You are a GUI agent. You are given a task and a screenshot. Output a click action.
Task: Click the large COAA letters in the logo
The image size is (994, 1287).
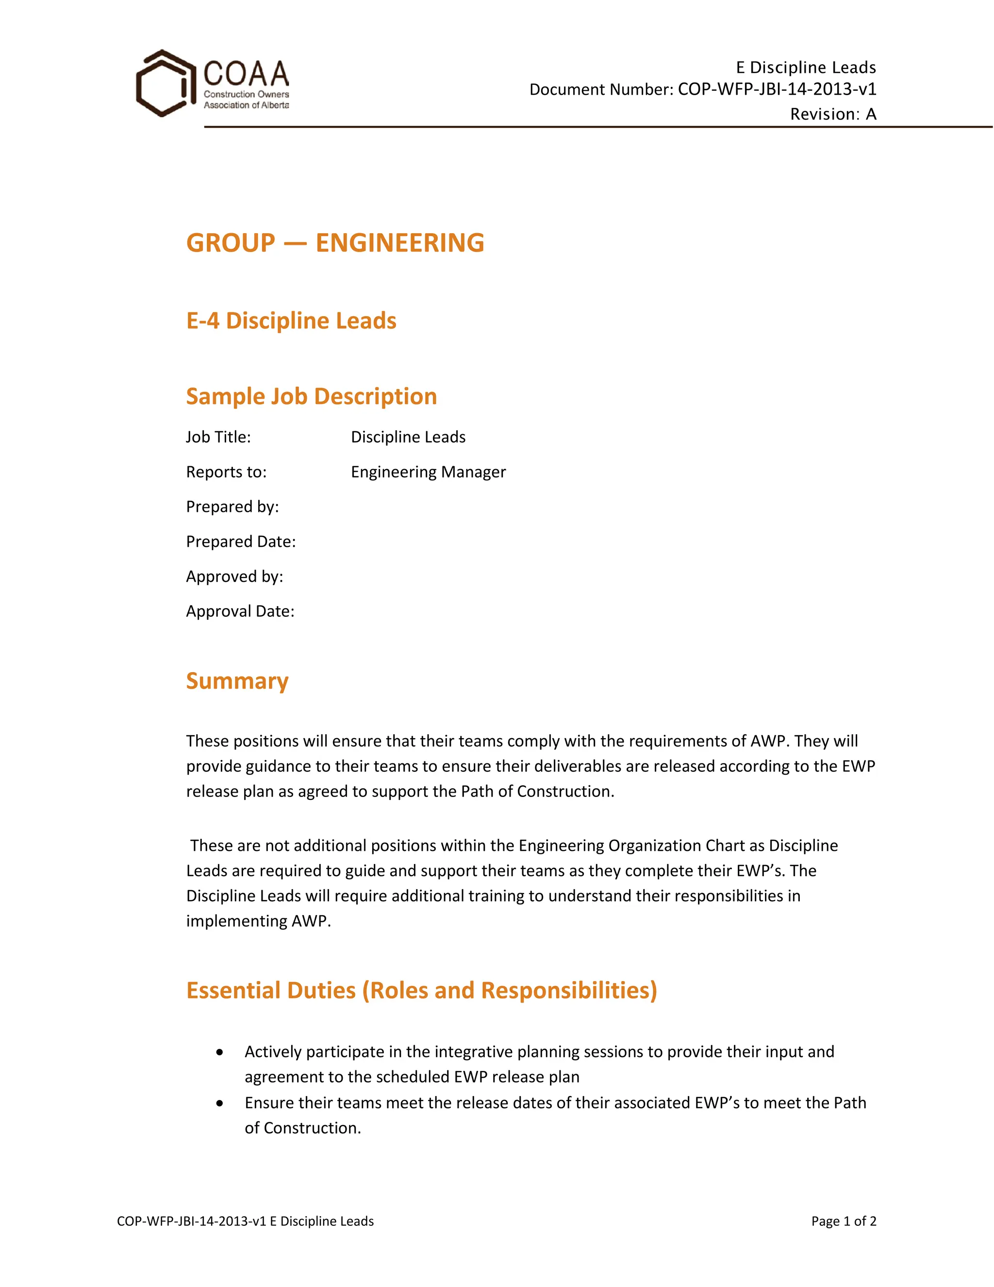click(x=246, y=74)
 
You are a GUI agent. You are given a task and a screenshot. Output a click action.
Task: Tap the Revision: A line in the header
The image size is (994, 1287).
click(x=833, y=114)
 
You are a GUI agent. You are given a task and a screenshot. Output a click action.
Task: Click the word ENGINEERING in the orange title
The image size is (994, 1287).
click(x=400, y=243)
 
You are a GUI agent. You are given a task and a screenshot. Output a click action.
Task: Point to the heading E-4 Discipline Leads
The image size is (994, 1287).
click(x=291, y=321)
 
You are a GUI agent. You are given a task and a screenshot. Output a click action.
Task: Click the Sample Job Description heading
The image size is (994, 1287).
click(x=312, y=397)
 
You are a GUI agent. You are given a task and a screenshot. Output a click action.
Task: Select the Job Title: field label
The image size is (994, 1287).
click(x=218, y=437)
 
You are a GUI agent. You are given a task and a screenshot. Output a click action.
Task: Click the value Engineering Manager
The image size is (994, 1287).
click(x=428, y=472)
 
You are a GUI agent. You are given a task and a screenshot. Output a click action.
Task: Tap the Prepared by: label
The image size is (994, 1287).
click(x=232, y=507)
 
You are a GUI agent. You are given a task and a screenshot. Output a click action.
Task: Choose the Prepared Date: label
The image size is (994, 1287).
click(x=241, y=542)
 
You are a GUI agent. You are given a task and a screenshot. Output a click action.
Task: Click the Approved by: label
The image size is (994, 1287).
click(x=234, y=576)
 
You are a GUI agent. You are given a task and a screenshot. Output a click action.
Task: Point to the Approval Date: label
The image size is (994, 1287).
click(x=240, y=611)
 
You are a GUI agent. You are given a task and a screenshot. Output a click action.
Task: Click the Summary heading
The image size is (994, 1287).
click(x=237, y=681)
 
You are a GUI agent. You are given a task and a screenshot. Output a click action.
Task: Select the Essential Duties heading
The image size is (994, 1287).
click(x=421, y=991)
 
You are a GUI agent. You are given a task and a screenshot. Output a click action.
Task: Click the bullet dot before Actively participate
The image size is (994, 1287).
click(x=220, y=1052)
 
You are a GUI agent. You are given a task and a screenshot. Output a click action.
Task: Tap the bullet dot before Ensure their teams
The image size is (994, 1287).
click(x=220, y=1103)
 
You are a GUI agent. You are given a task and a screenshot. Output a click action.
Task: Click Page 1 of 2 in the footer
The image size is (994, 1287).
click(x=843, y=1221)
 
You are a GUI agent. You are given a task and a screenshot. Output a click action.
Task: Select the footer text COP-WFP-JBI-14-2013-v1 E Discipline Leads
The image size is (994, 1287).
click(x=245, y=1221)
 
